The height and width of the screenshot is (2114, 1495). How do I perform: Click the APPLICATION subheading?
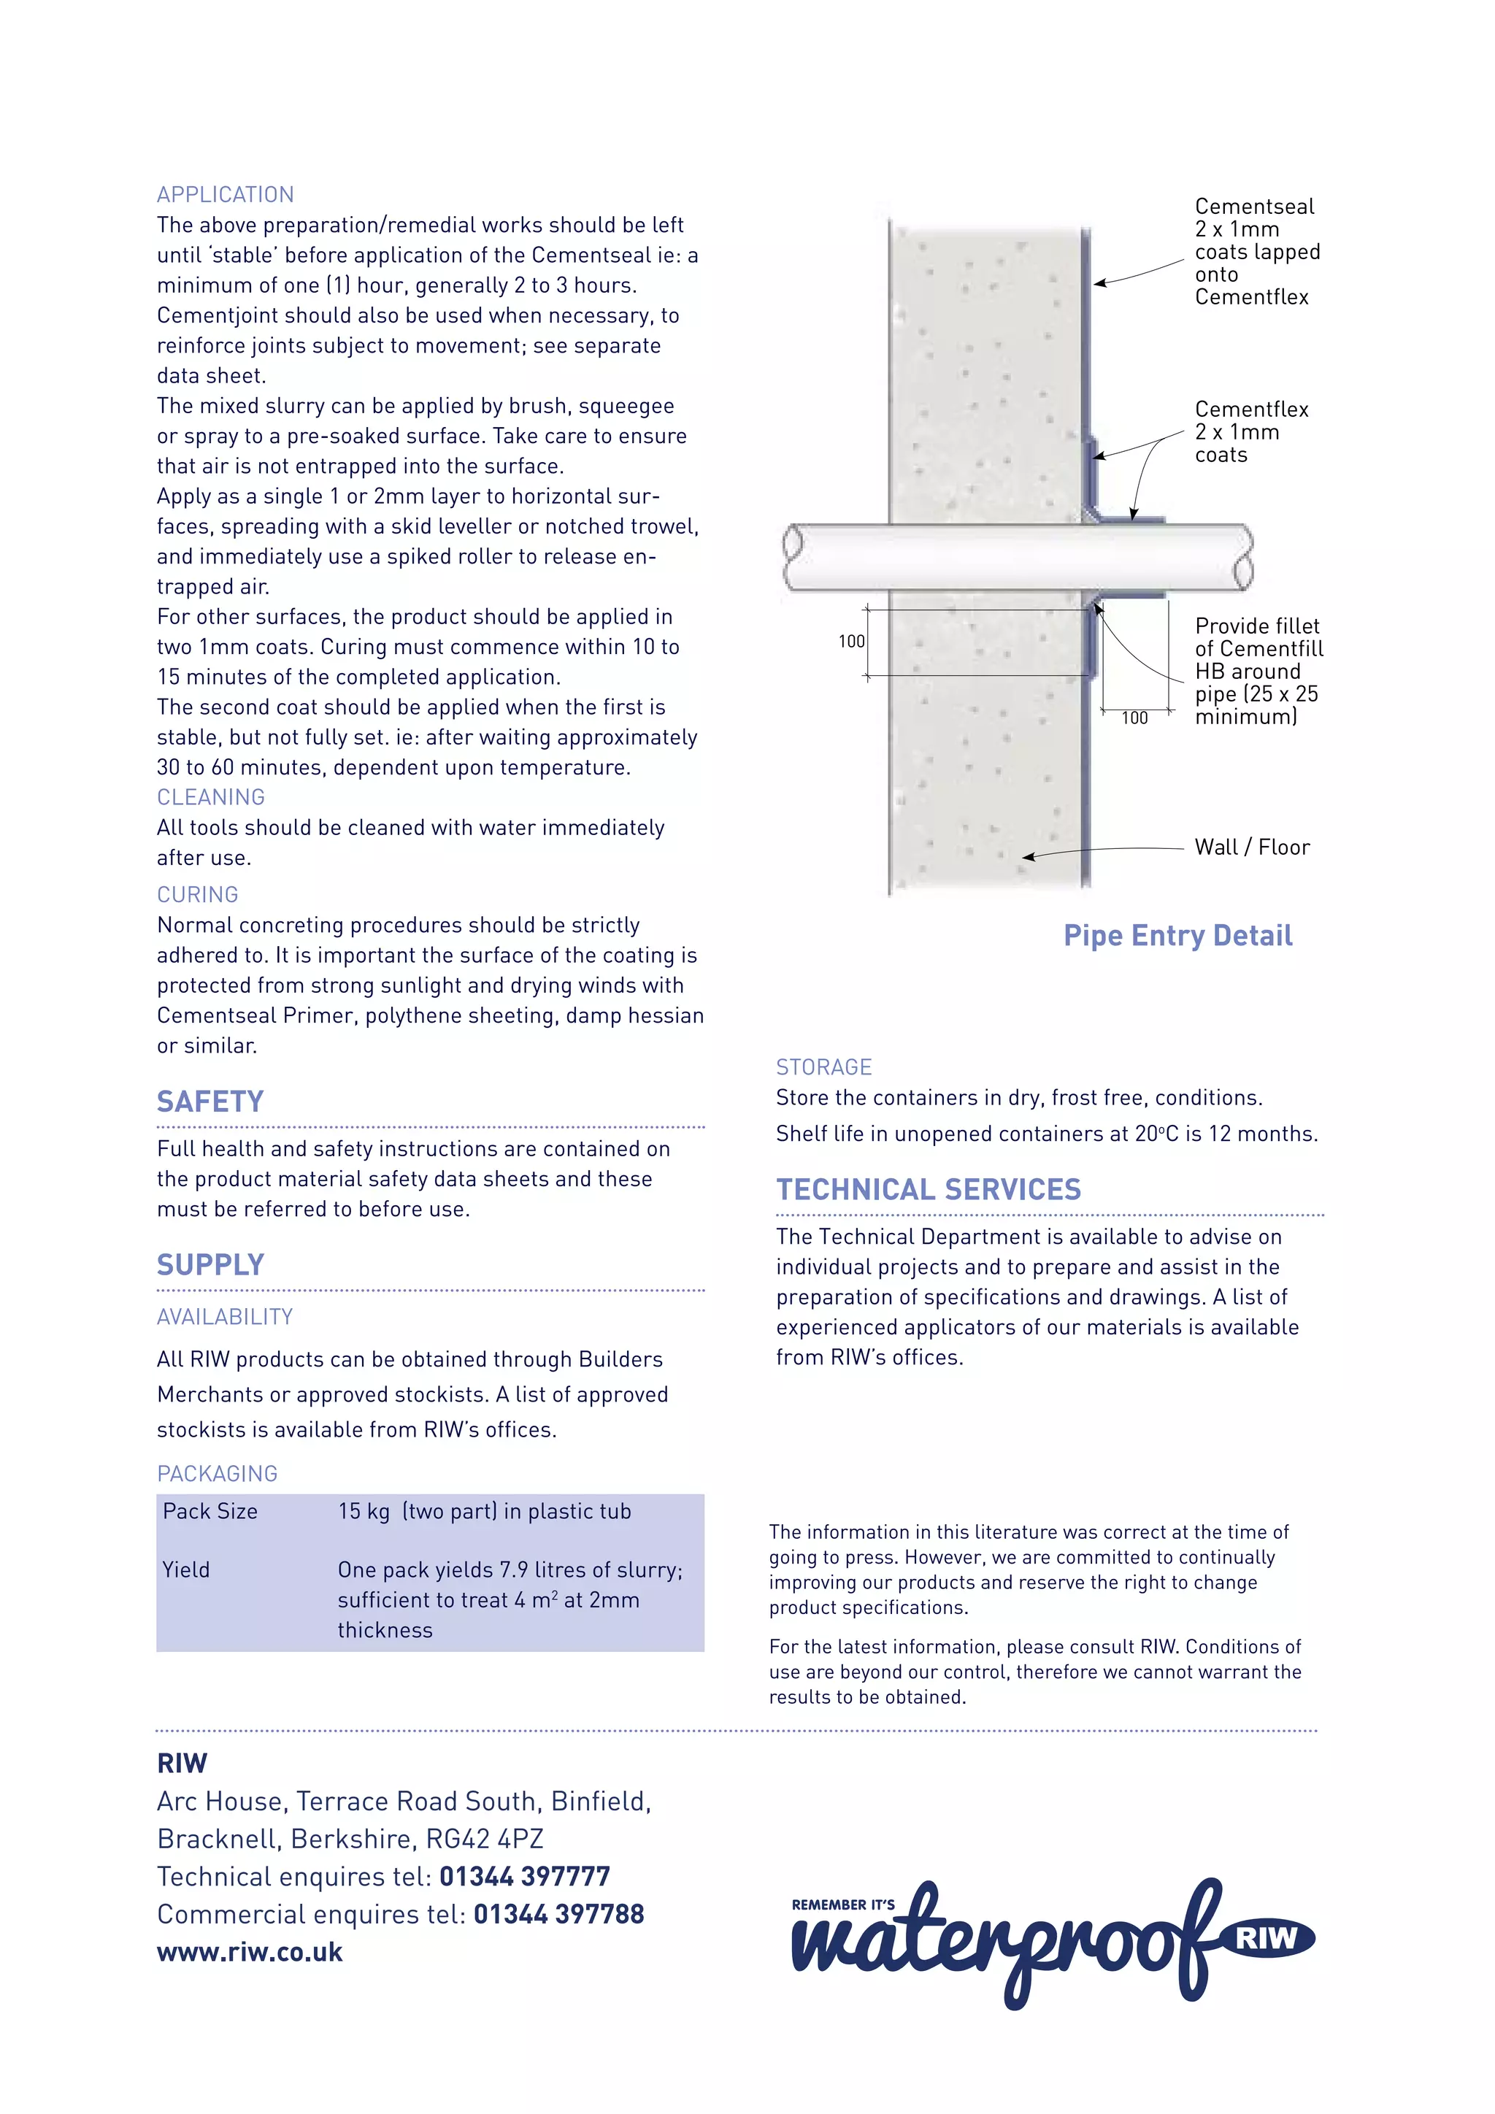click(226, 194)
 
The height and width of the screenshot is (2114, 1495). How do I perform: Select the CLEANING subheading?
click(211, 796)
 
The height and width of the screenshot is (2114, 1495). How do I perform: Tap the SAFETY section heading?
click(210, 1102)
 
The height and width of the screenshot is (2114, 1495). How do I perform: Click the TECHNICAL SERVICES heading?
click(928, 1190)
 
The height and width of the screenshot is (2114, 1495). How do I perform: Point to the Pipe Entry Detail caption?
click(1177, 936)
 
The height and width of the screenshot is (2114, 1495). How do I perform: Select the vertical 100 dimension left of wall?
click(852, 641)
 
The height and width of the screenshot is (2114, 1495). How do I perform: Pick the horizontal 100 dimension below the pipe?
click(1134, 718)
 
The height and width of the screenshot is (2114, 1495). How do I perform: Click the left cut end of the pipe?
click(793, 556)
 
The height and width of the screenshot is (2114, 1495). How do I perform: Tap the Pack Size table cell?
click(210, 1511)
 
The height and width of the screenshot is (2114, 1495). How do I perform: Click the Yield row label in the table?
click(186, 1570)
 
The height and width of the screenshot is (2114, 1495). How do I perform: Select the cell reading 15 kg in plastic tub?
click(484, 1511)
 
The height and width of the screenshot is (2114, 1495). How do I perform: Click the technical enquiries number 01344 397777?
click(525, 1877)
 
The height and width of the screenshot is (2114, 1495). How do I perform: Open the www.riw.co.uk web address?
click(250, 1952)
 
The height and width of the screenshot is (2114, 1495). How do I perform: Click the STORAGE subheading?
click(823, 1067)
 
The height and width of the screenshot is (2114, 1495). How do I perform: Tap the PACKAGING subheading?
click(218, 1473)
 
